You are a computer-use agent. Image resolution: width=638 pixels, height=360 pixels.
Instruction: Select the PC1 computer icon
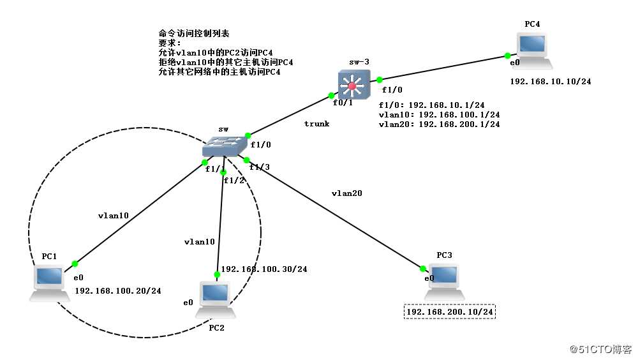coord(49,283)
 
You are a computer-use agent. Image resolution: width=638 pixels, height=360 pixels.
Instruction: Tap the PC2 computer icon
coord(215,299)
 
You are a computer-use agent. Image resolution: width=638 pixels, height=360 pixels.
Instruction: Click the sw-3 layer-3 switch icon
coord(353,84)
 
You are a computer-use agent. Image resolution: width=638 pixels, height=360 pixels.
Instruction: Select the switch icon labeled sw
coord(223,147)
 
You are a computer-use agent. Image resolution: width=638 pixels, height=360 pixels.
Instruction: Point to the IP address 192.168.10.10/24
coord(546,82)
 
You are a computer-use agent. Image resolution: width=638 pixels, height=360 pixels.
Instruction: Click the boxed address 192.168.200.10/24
coord(450,311)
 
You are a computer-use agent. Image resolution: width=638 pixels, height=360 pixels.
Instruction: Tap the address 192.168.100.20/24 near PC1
coord(118,290)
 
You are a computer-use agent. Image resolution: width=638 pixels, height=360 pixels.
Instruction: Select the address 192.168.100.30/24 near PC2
coord(264,269)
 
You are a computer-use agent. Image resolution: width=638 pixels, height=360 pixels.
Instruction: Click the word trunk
coord(316,124)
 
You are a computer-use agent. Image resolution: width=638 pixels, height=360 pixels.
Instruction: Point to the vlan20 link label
coord(347,192)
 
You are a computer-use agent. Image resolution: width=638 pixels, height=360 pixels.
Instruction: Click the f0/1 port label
coord(343,102)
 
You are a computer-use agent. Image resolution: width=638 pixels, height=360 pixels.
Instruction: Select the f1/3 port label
coord(259,167)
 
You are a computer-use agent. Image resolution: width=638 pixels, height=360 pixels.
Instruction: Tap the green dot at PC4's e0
coord(507,56)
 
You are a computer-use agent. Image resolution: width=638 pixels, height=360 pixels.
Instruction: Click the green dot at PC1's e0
coord(75,263)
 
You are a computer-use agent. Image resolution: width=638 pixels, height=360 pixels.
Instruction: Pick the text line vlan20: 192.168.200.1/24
coord(439,124)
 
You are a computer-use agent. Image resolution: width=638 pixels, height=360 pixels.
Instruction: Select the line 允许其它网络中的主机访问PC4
coord(219,72)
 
